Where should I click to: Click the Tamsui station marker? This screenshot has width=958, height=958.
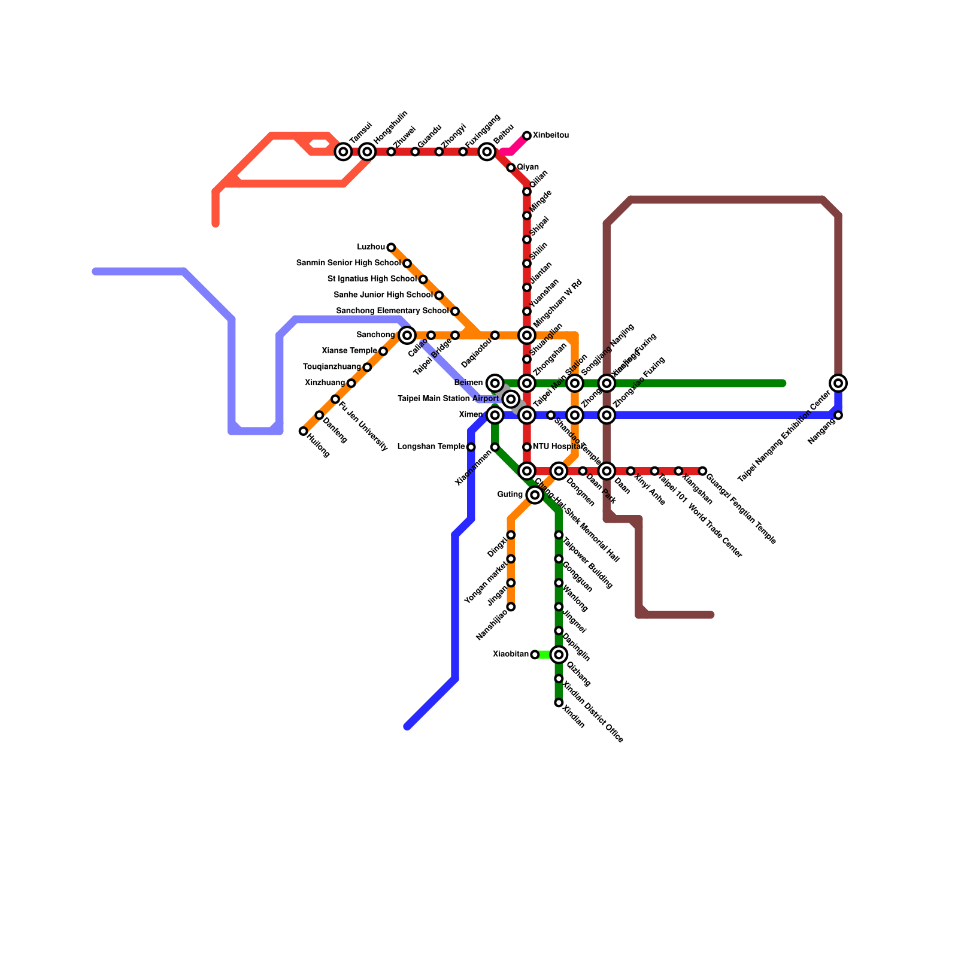[343, 151]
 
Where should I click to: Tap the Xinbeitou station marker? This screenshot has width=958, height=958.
[527, 136]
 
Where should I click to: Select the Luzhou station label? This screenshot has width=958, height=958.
[371, 247]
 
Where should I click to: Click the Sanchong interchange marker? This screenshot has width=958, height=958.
[407, 335]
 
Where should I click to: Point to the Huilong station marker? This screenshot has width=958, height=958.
[304, 431]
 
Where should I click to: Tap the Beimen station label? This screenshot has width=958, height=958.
[468, 383]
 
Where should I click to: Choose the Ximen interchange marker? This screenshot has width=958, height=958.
[495, 415]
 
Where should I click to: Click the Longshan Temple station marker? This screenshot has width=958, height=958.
[471, 447]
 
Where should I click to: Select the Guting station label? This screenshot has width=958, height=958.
[510, 495]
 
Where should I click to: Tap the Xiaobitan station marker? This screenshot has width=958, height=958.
[535, 654]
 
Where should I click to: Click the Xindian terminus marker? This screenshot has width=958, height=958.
[559, 702]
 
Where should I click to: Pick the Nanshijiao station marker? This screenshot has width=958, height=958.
[511, 607]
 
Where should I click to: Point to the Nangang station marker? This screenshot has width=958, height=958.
[838, 415]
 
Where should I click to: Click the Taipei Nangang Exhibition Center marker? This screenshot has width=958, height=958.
[838, 383]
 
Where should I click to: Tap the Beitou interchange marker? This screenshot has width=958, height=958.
[487, 151]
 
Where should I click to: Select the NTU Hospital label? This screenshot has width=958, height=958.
[556, 447]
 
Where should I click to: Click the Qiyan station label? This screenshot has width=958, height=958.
[527, 167]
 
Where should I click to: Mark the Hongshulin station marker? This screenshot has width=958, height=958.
[367, 151]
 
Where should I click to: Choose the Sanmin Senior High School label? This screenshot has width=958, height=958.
[348, 263]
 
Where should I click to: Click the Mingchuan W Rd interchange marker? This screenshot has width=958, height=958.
[527, 335]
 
